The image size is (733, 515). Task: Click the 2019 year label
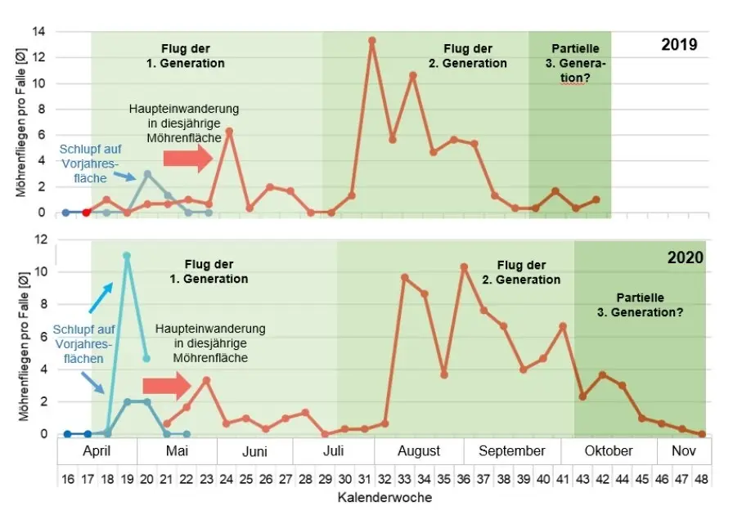pyautogui.click(x=679, y=45)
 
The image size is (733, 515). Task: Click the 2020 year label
pyautogui.click(x=686, y=257)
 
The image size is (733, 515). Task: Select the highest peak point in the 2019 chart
pyautogui.click(x=372, y=40)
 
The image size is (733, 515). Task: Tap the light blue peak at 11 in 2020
pyautogui.click(x=127, y=256)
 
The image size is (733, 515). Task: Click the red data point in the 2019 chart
pyautogui.click(x=87, y=213)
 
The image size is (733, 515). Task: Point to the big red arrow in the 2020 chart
pyautogui.click(x=166, y=386)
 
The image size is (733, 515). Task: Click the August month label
pyautogui.click(x=419, y=451)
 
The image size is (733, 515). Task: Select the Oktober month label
pyautogui.click(x=609, y=451)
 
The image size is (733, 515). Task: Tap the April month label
pyautogui.click(x=97, y=451)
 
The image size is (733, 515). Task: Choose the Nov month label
pyautogui.click(x=683, y=451)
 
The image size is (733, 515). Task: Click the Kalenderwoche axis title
pyautogui.click(x=384, y=497)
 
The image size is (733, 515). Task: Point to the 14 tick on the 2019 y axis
pyautogui.click(x=38, y=32)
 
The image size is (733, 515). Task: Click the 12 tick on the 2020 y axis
pyautogui.click(x=38, y=240)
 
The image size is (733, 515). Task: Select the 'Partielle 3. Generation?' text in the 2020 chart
pyautogui.click(x=641, y=305)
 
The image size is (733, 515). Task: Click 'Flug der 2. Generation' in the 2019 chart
pyautogui.click(x=474, y=56)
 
